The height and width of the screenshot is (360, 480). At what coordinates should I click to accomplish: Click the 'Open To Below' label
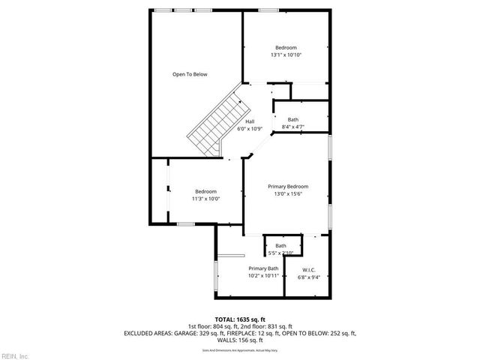pos(190,74)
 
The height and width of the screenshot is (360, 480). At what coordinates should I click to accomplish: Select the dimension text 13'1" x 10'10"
pos(285,55)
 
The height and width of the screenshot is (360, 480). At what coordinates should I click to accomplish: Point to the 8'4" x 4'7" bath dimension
pos(292,127)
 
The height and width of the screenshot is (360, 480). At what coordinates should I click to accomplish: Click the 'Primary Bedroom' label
pos(288,187)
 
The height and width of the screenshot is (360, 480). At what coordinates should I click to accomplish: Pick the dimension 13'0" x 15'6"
pos(288,194)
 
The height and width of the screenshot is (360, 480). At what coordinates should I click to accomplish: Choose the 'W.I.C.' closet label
pos(308,270)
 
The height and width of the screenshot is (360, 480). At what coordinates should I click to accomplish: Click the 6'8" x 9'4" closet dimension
pos(308,277)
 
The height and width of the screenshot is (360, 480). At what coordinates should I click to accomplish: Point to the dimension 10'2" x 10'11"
pos(263,276)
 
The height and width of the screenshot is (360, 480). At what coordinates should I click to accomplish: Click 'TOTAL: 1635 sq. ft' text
pos(240,319)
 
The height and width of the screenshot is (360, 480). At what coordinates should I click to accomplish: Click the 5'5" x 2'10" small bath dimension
pos(280,253)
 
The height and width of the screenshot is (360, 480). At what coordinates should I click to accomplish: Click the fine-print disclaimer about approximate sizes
pos(240,349)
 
